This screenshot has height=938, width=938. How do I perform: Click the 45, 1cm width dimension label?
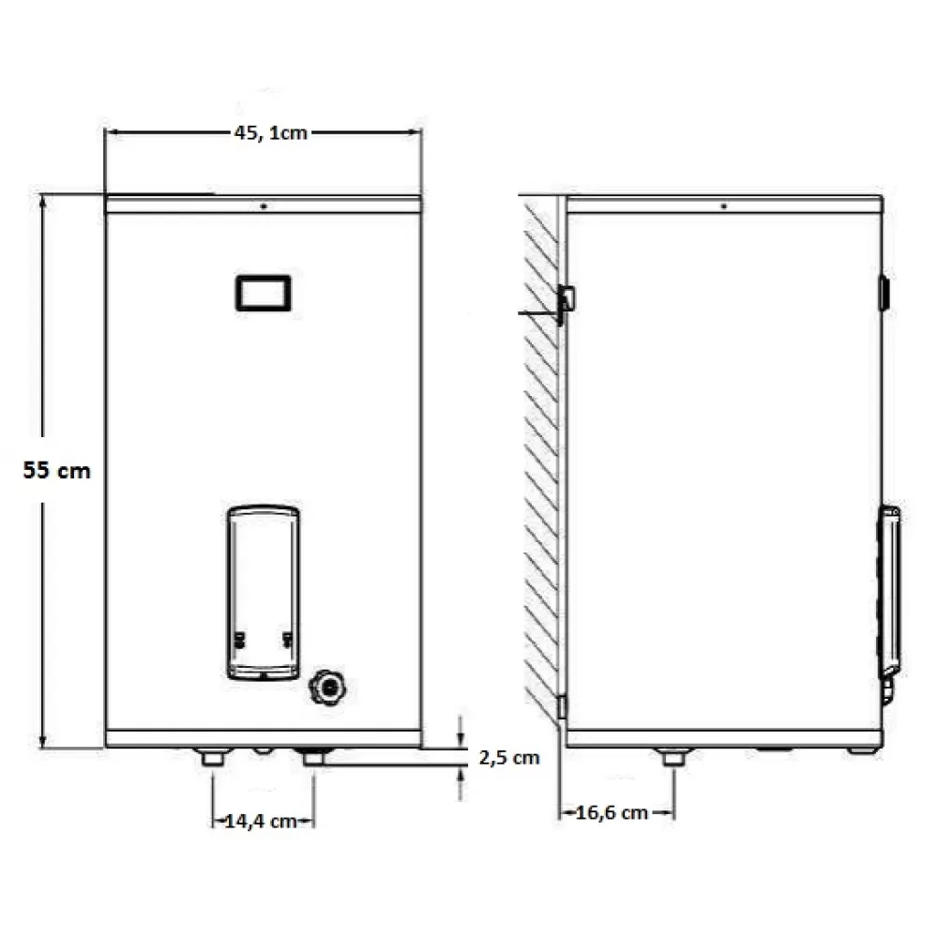270,133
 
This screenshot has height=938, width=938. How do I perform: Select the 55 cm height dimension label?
57,470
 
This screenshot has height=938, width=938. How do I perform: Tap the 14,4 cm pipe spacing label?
261,822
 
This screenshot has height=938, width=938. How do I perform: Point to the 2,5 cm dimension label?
509,758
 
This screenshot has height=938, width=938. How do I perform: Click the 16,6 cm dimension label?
612,813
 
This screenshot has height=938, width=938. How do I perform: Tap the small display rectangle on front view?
264,293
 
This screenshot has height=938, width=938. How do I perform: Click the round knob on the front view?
327,688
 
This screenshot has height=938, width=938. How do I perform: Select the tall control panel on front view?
264,593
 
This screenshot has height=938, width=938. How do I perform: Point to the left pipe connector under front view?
212,757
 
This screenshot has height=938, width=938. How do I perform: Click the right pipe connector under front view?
314,757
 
